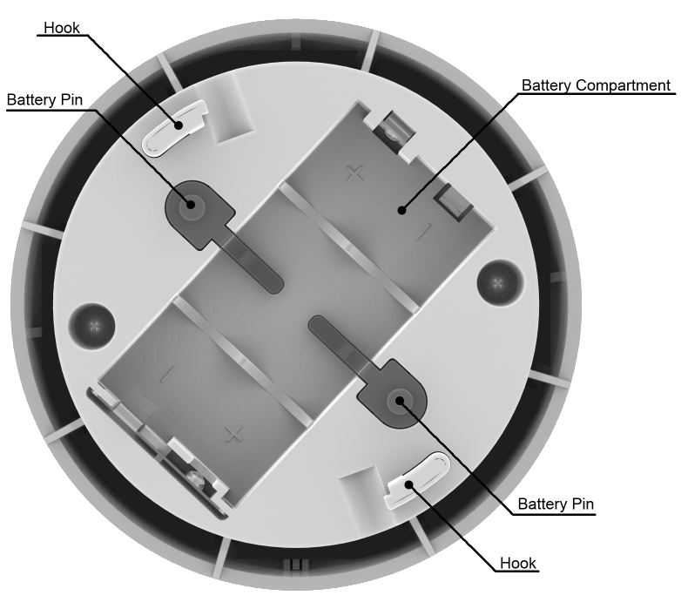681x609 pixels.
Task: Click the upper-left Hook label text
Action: pyautogui.click(x=62, y=28)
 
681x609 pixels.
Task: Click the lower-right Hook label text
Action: pyautogui.click(x=518, y=564)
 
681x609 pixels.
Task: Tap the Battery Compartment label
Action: pyautogui.click(x=596, y=85)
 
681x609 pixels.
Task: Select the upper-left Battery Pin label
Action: pyautogui.click(x=44, y=100)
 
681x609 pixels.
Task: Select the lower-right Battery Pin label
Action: pyautogui.click(x=556, y=504)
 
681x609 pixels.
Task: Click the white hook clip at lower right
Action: pyautogui.click(x=418, y=480)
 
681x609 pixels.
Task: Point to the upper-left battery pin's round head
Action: pyautogui.click(x=191, y=203)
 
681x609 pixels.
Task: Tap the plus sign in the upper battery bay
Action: pyautogui.click(x=354, y=174)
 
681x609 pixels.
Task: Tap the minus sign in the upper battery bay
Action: pyautogui.click(x=421, y=231)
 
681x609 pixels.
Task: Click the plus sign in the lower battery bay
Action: pyautogui.click(x=234, y=434)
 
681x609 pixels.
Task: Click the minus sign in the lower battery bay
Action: pyautogui.click(x=169, y=374)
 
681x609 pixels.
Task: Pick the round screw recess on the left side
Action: pyautogui.click(x=93, y=326)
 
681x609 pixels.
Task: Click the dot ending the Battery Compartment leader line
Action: pyautogui.click(x=402, y=210)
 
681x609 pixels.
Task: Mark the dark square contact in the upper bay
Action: pyautogui.click(x=453, y=202)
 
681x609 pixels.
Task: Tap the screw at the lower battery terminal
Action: pyautogui.click(x=196, y=479)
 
